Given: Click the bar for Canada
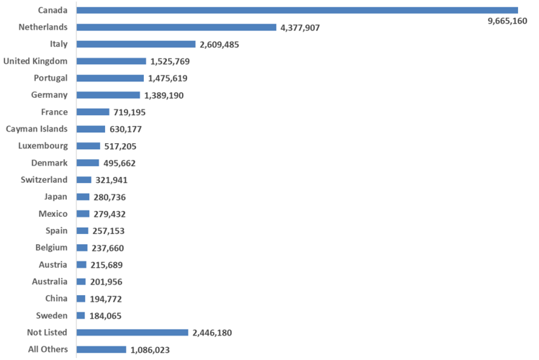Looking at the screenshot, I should [x=296, y=10].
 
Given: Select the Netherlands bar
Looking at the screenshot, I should [x=176, y=27].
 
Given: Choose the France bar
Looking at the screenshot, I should [x=92, y=112].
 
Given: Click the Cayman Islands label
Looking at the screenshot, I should [x=37, y=129].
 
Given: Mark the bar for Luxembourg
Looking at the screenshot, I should [x=88, y=146].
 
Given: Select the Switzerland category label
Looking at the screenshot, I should [x=43, y=180].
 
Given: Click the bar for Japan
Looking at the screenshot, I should [x=83, y=197].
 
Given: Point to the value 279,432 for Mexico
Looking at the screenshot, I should [x=110, y=214].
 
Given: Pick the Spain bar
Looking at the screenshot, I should [x=82, y=230].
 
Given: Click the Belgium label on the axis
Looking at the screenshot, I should [x=51, y=248].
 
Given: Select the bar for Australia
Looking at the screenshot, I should [x=81, y=282].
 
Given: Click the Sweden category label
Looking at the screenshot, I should [x=52, y=315].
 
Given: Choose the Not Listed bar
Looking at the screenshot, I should [x=132, y=333].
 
